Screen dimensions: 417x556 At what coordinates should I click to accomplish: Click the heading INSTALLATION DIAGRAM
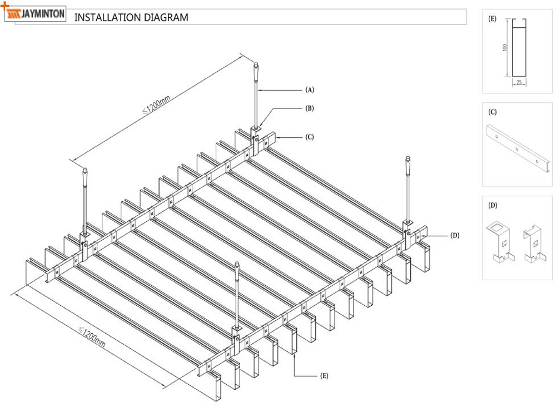click(131, 17)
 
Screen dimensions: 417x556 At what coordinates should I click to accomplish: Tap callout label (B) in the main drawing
click(309, 108)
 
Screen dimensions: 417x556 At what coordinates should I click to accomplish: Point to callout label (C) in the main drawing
click(309, 136)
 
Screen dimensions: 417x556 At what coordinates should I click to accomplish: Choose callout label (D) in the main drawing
click(455, 235)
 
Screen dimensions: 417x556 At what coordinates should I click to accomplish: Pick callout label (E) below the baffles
click(324, 376)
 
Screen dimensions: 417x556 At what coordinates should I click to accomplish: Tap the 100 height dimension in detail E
click(505, 48)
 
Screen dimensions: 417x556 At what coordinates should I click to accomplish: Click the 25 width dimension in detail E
click(519, 82)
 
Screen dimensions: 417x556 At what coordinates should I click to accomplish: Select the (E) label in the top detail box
click(492, 19)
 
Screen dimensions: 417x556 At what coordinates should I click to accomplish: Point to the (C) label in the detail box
click(492, 112)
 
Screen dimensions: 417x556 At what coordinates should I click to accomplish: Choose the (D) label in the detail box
click(492, 205)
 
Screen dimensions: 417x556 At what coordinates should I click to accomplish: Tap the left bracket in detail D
click(501, 242)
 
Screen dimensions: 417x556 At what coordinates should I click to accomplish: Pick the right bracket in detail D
click(533, 243)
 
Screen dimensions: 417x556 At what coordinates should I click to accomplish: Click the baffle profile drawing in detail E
click(519, 48)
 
